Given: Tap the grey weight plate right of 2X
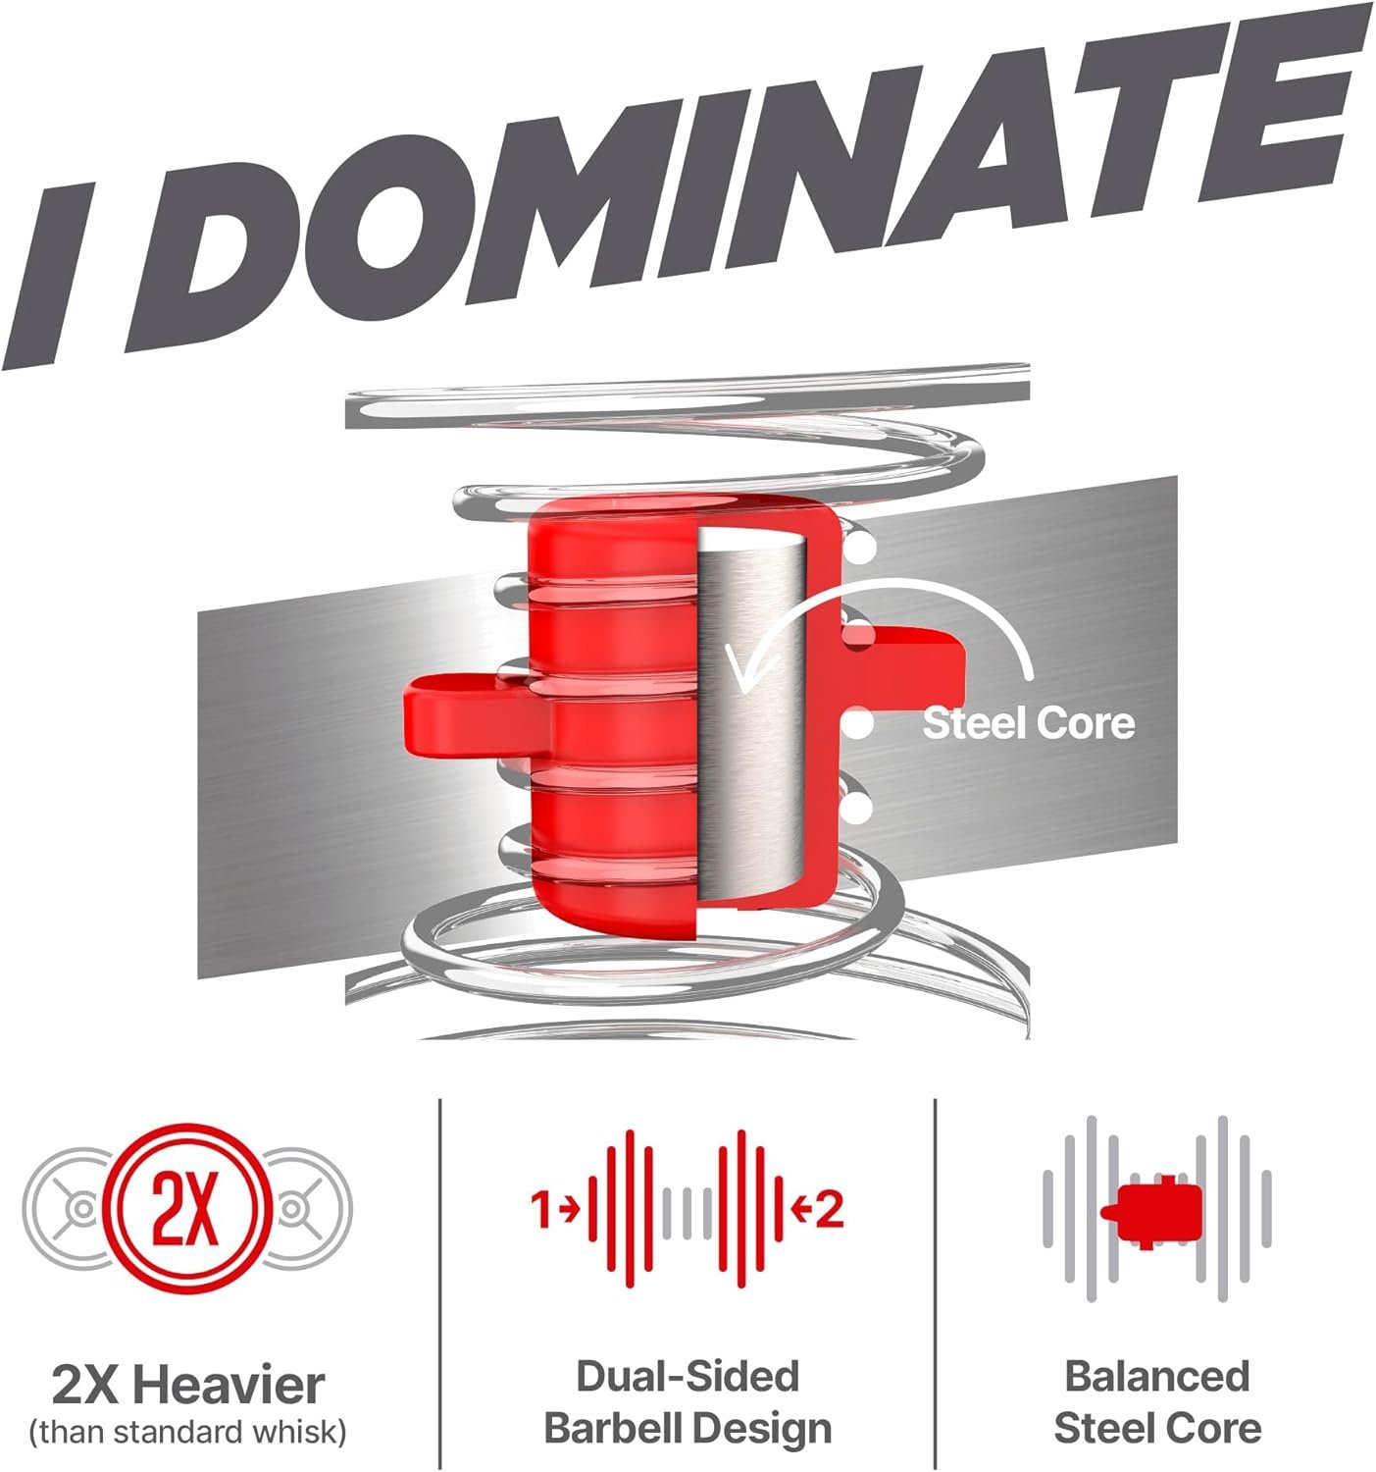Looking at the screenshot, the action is pos(305,1209).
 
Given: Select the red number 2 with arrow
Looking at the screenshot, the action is pos(818,1209).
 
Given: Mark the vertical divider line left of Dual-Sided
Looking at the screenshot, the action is pos(440,1283).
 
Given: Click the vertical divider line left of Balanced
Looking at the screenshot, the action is pos(935,1283).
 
